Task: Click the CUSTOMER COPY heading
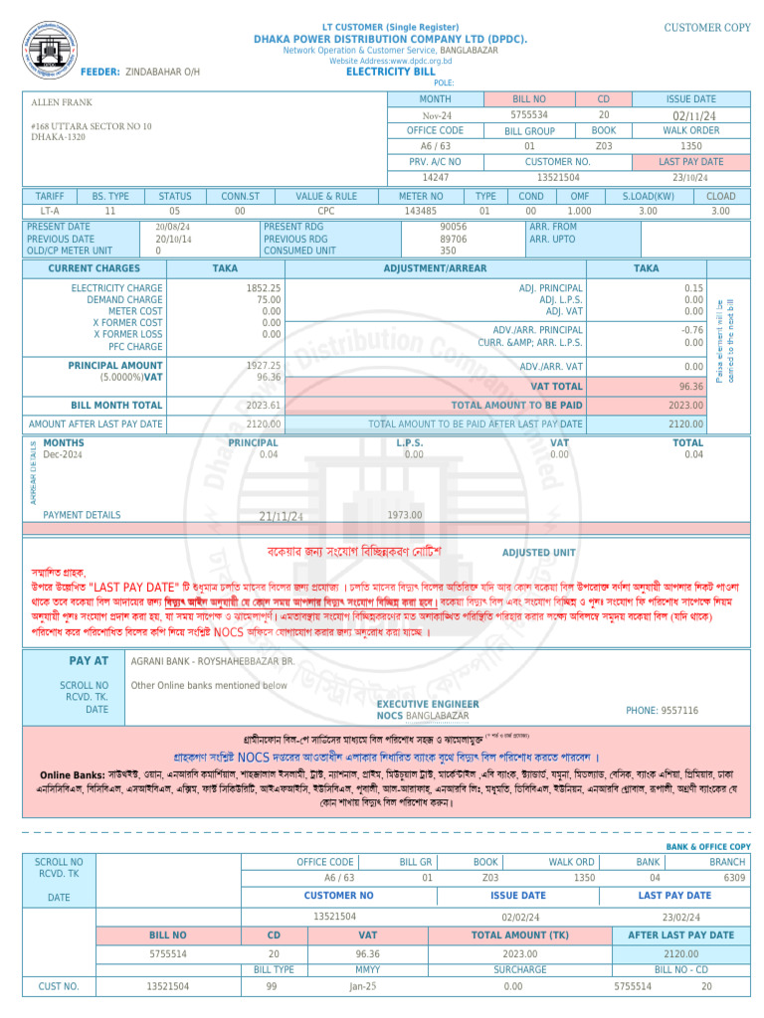[x=707, y=28]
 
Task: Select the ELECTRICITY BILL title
[x=390, y=72]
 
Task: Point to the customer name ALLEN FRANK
[x=62, y=102]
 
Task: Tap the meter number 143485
[x=420, y=211]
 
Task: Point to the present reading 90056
[x=454, y=227]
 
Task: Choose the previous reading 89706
[x=454, y=239]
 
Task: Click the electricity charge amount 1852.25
[x=264, y=287]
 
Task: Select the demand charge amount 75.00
[x=269, y=299]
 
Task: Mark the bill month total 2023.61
[x=264, y=406]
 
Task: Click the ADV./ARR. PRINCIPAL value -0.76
[x=692, y=329]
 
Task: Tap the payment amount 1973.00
[x=405, y=515]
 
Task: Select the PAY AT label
[x=89, y=660]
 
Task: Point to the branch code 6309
[x=734, y=878]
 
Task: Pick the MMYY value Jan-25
[x=363, y=986]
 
